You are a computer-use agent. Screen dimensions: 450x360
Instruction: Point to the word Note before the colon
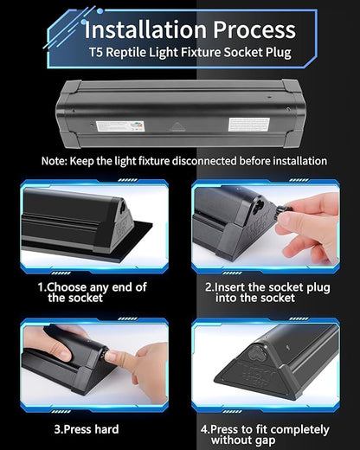coord(55,161)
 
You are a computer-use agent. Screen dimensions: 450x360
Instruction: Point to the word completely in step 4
coord(298,429)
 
